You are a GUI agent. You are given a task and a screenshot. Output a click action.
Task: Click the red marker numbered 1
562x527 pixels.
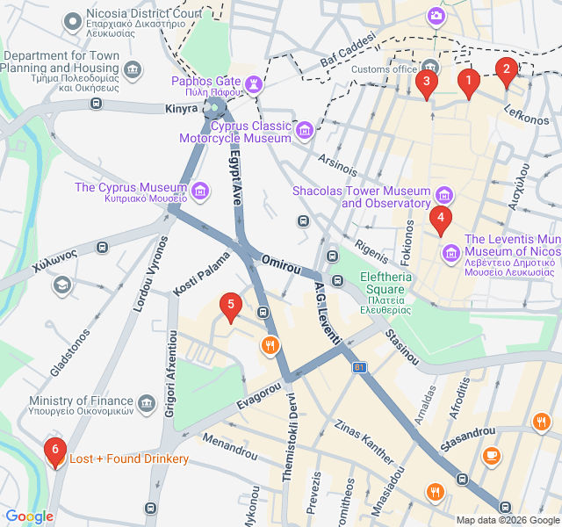468,83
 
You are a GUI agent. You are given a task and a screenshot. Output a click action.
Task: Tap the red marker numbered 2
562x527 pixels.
506,70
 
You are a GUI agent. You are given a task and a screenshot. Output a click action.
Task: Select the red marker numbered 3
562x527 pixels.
426,83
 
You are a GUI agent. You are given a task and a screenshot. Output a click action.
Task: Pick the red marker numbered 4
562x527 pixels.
441,218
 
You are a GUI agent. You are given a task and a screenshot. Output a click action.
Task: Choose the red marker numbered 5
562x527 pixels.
230,306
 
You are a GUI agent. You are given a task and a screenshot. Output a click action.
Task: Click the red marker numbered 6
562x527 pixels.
54,451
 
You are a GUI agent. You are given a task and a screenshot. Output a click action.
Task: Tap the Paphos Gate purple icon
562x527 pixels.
255,83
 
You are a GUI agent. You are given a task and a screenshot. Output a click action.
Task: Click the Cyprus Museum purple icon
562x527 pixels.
200,190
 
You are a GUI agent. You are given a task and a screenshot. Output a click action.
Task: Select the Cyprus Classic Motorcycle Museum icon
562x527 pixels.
305,131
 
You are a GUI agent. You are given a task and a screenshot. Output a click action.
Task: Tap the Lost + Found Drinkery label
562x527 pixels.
129,459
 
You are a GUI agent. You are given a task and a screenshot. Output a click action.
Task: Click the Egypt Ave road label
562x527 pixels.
234,178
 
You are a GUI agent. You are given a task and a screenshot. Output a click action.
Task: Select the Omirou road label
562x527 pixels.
282,262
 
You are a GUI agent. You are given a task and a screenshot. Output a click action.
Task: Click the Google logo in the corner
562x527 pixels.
29,516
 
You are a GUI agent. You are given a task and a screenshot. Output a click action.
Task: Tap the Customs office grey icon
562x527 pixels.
429,68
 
